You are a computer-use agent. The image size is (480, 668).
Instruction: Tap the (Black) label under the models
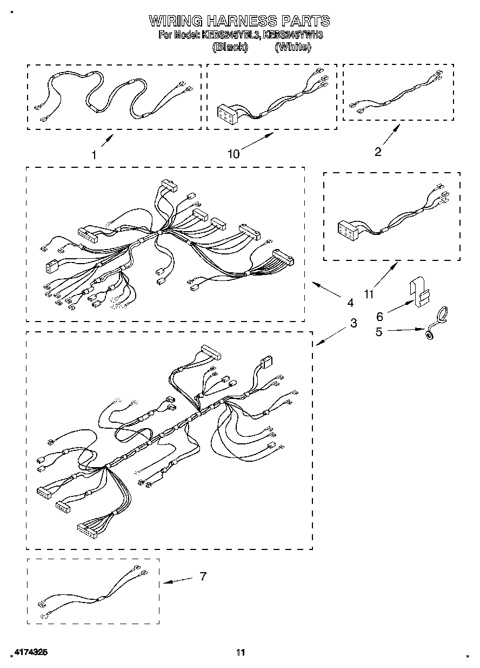pyautogui.click(x=230, y=47)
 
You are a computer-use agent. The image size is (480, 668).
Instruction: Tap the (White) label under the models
pyautogui.click(x=293, y=47)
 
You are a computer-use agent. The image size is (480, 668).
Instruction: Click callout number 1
pyautogui.click(x=94, y=154)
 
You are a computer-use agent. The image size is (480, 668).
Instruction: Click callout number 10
pyautogui.click(x=233, y=154)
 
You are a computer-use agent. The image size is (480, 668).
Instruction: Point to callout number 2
pyautogui.click(x=378, y=152)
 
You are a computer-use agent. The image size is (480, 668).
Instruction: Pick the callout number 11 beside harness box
pyautogui.click(x=369, y=294)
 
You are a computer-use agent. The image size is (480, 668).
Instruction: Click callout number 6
pyautogui.click(x=379, y=317)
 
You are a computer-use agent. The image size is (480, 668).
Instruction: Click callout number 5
pyautogui.click(x=379, y=332)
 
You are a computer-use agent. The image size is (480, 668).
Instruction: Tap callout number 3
pyautogui.click(x=353, y=323)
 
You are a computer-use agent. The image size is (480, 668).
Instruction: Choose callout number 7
pyautogui.click(x=203, y=577)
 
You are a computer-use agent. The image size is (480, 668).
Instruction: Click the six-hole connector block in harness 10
pyautogui.click(x=227, y=112)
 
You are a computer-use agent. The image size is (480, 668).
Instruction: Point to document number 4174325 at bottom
pyautogui.click(x=30, y=653)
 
